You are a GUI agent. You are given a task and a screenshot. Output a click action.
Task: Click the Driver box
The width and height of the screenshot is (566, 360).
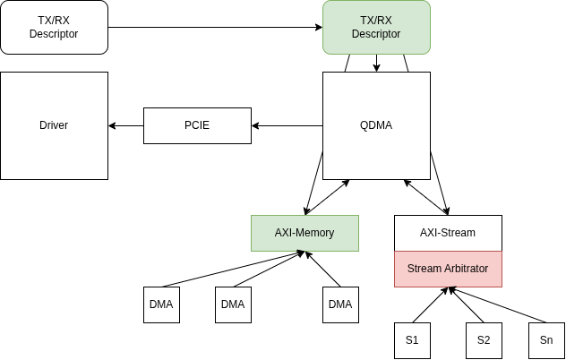point(54,125)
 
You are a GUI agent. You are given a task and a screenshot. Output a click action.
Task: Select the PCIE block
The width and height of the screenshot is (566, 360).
point(197,125)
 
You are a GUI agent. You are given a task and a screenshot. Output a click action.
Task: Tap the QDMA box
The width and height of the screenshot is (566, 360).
point(376,125)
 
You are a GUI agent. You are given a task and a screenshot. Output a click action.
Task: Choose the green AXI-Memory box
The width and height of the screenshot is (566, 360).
point(304,233)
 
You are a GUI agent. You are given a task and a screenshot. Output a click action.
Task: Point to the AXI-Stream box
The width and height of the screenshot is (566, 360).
point(448,233)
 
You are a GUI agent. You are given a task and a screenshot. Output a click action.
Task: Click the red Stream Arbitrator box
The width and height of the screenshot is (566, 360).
point(448,269)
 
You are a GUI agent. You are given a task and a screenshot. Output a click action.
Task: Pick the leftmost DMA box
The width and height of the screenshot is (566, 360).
point(161,304)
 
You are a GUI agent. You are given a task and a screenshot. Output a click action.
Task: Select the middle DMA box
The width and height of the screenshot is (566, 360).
point(233,304)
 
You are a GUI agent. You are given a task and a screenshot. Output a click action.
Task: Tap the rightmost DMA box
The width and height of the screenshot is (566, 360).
point(340,304)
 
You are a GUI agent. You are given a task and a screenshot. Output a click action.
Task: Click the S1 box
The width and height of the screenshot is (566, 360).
point(412,340)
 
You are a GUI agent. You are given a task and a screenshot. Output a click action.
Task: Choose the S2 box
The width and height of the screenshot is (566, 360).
point(484,340)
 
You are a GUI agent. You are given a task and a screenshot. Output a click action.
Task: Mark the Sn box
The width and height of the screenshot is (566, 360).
point(546,340)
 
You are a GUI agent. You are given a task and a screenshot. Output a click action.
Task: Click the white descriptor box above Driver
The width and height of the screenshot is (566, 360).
point(54,27)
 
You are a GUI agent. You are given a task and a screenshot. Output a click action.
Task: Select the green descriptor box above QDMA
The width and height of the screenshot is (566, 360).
point(376,27)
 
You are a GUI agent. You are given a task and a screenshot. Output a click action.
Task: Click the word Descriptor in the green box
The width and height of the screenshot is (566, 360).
point(376,35)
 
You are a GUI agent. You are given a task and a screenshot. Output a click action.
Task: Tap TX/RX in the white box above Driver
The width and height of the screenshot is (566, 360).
point(54,21)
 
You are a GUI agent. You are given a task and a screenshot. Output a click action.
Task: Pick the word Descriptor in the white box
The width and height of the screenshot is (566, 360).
point(54,35)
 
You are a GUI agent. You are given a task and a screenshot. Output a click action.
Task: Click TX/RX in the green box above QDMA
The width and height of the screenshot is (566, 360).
point(376,21)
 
